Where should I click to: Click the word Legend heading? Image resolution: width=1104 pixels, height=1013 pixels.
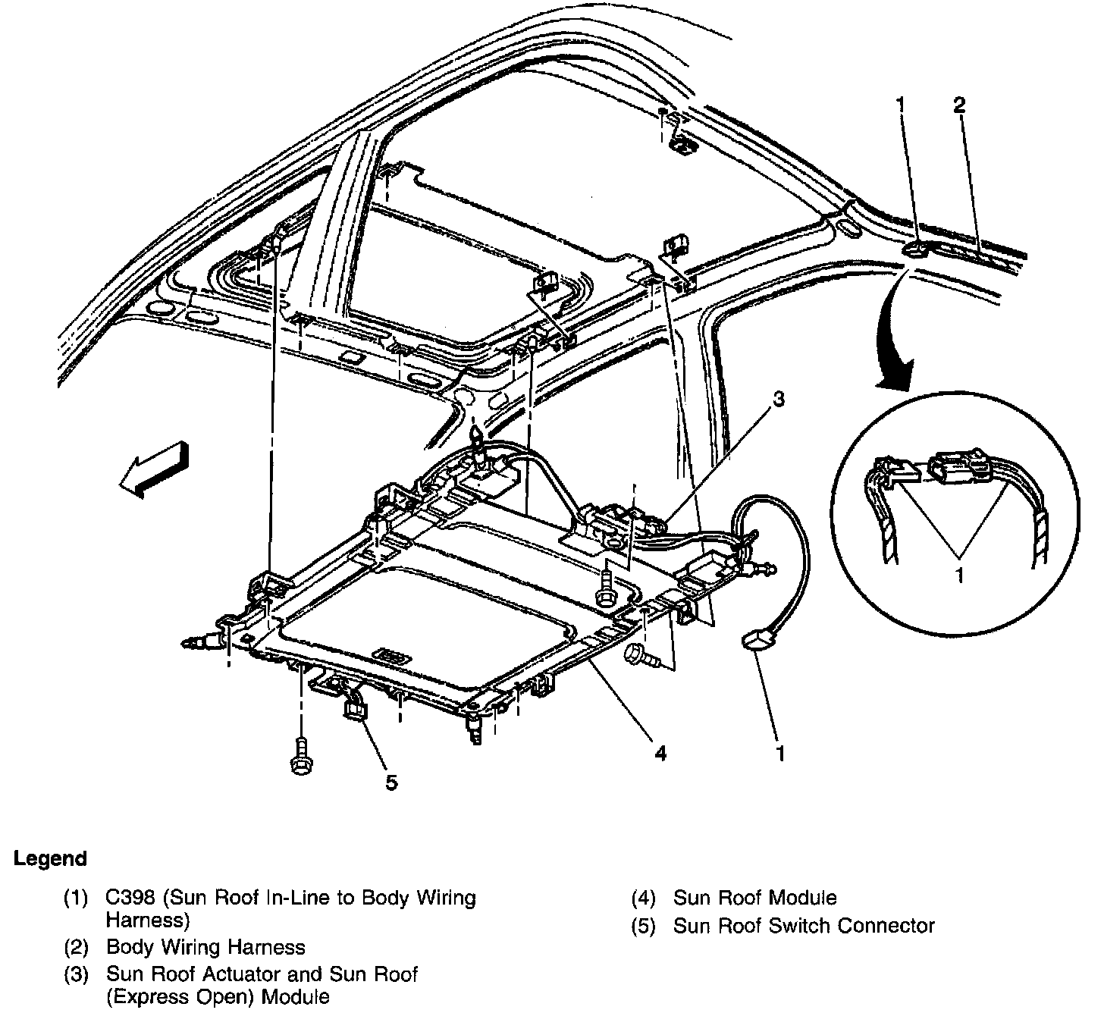(50, 859)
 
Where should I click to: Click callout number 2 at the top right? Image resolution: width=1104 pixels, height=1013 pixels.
(959, 105)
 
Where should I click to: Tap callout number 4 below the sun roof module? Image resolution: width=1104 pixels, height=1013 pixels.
(660, 753)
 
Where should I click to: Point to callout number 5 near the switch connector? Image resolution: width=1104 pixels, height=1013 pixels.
(390, 782)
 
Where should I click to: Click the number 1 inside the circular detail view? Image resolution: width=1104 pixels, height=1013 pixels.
(959, 575)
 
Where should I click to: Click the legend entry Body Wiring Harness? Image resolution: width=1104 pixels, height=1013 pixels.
(205, 947)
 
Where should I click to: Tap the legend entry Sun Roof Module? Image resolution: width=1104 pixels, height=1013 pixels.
(754, 899)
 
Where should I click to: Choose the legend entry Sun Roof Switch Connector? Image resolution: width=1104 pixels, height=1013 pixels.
(804, 926)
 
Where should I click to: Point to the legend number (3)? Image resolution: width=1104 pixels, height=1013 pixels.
(77, 974)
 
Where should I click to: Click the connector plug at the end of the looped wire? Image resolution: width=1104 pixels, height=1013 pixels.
(752, 641)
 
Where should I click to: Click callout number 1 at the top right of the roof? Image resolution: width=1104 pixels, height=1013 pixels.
(900, 105)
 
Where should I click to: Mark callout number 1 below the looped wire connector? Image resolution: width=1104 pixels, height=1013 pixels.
(780, 753)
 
